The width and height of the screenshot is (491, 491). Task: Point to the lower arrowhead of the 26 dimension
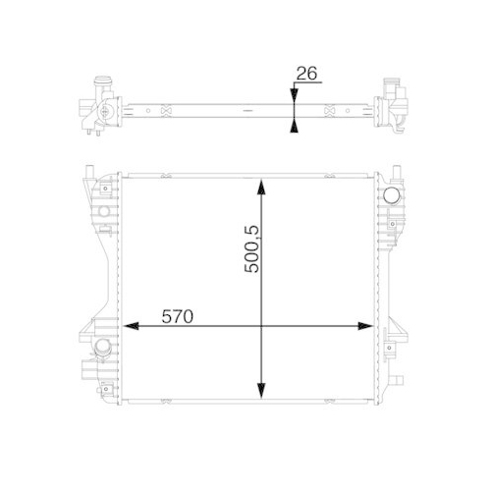pyautogui.click(x=292, y=125)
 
